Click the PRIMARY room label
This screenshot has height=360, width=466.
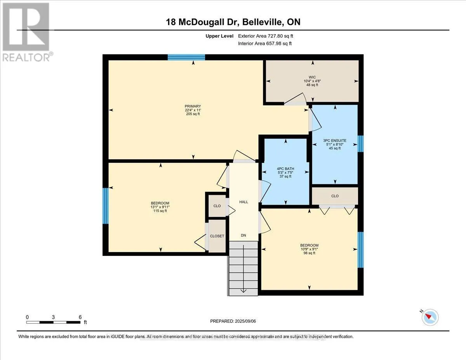193,106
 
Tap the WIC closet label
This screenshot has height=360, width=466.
312,77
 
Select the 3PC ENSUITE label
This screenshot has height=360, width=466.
335,141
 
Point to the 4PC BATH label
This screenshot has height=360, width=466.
285,169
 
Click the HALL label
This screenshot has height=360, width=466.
243,202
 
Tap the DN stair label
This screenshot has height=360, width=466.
243,235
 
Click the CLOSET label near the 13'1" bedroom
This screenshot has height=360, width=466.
217,236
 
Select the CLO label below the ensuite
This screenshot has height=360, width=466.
335,196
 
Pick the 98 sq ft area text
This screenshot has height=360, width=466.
309,253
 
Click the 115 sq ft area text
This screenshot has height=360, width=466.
160,211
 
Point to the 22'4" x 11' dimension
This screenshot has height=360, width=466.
193,110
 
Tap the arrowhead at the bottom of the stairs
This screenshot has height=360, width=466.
243,291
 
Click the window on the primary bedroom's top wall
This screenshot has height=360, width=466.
186,57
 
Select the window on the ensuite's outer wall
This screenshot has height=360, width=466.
360,144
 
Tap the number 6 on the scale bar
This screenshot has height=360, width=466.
80,317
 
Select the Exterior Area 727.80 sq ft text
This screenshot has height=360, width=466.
266,36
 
